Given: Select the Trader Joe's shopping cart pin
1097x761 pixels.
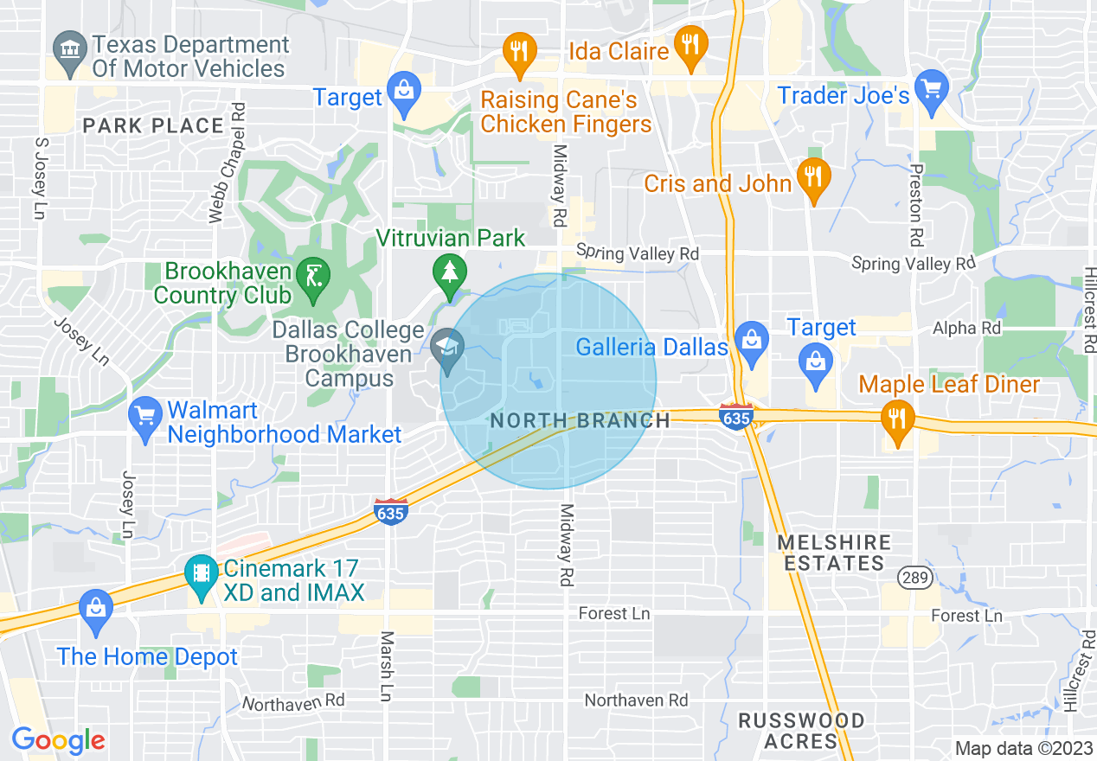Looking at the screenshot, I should [x=932, y=91].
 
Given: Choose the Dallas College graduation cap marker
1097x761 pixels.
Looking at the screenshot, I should [x=447, y=350].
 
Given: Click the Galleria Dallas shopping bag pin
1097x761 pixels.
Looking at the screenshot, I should [x=752, y=341].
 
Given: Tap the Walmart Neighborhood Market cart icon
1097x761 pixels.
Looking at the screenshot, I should [x=144, y=418].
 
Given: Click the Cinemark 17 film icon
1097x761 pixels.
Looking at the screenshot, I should [x=201, y=575].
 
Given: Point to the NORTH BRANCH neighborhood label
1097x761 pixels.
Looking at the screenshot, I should [x=580, y=421].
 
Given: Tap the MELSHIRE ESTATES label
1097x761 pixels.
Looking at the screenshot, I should [x=833, y=553].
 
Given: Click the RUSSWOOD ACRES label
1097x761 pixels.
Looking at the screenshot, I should [x=800, y=731].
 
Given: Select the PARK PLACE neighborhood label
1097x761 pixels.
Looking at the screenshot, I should [x=154, y=126].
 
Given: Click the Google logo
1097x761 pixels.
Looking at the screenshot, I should [x=58, y=740].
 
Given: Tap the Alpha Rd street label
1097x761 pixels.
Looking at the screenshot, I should [x=966, y=329].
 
